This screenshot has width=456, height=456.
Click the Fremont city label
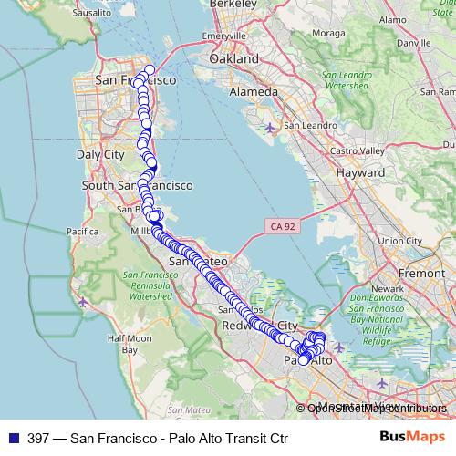tap(421, 273)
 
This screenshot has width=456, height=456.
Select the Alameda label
tap(254, 92)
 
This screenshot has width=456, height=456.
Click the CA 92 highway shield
tap(281, 224)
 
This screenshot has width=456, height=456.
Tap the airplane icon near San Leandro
tap(270, 127)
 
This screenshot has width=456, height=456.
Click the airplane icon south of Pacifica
tap(84, 300)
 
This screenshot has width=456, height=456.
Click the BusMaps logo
tap(412, 438)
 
